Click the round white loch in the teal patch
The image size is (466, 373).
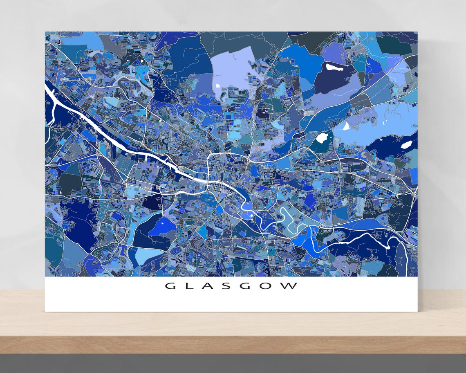coord(322,137)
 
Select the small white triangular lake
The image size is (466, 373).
coord(346,126)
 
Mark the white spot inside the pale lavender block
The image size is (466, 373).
coord(217,85)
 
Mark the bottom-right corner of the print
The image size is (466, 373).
coord(417,312)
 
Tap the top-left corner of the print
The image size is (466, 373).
coord(45,31)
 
